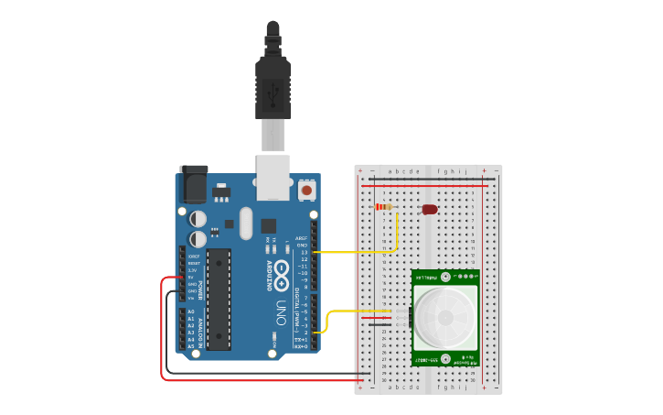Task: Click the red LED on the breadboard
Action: coord(430,210)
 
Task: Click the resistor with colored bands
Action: coord(385,207)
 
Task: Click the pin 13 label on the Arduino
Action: coord(303,252)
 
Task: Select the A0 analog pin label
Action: coord(191,311)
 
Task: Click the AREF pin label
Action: coord(302,238)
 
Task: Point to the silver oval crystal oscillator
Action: coord(245,223)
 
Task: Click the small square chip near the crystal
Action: coord(268,225)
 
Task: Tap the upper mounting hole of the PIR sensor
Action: coord(446,276)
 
